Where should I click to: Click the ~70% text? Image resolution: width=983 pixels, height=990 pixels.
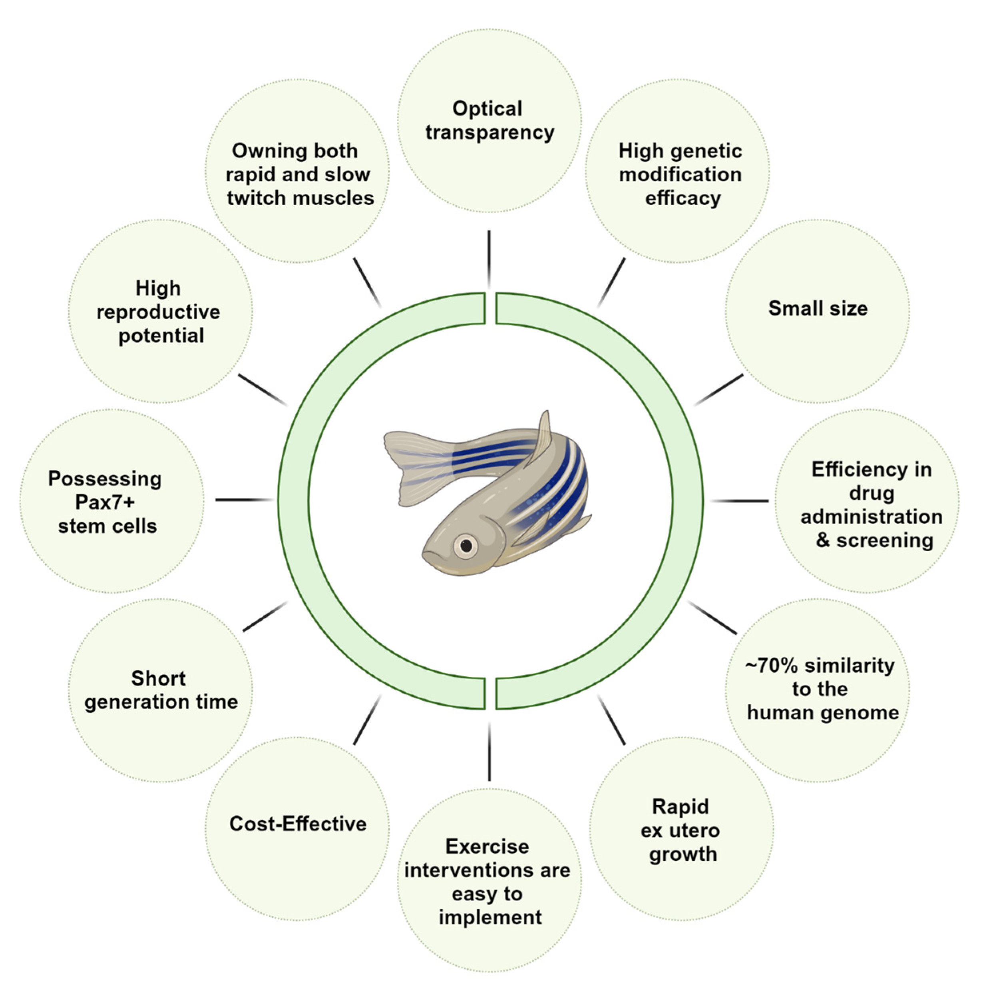click(772, 666)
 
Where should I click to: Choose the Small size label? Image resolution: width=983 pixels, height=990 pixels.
click(818, 308)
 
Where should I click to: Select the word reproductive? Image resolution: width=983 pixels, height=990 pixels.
click(158, 312)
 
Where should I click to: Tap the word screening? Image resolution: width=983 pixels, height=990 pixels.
click(885, 541)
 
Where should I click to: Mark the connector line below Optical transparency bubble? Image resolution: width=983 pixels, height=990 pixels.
click(489, 259)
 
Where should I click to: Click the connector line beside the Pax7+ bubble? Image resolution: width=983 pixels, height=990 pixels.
click(244, 500)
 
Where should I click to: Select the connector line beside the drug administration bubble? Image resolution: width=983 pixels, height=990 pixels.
click(740, 501)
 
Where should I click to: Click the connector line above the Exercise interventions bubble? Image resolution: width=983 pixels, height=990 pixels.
click(490, 752)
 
